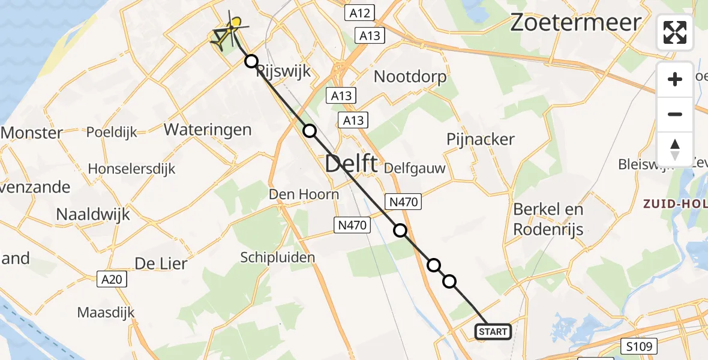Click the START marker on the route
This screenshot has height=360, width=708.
[x=493, y=331]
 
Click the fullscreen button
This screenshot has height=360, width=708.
[x=675, y=32]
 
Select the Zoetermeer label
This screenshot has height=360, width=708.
[x=575, y=23]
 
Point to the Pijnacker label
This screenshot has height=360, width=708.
[x=481, y=139]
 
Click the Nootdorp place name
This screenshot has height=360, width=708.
[x=410, y=76]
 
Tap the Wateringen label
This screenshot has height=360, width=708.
[x=207, y=129]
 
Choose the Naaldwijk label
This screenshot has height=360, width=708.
[x=93, y=214]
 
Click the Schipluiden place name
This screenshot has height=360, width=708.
[x=278, y=257]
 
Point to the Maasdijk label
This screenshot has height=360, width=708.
[x=106, y=312]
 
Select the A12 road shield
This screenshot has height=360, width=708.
[x=360, y=13]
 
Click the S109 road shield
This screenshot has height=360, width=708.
[x=639, y=346]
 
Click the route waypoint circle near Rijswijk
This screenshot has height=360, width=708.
[x=251, y=61]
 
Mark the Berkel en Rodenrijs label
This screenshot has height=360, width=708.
[x=548, y=219]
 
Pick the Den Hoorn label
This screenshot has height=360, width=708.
[x=304, y=194]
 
